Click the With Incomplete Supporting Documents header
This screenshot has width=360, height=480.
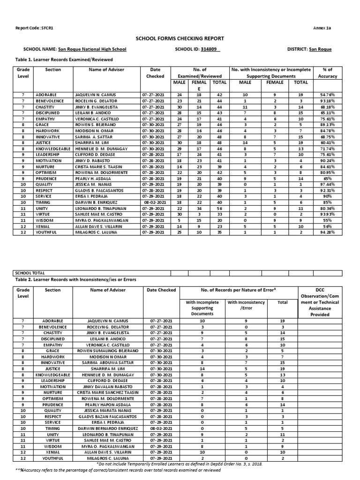pos(202,308)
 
